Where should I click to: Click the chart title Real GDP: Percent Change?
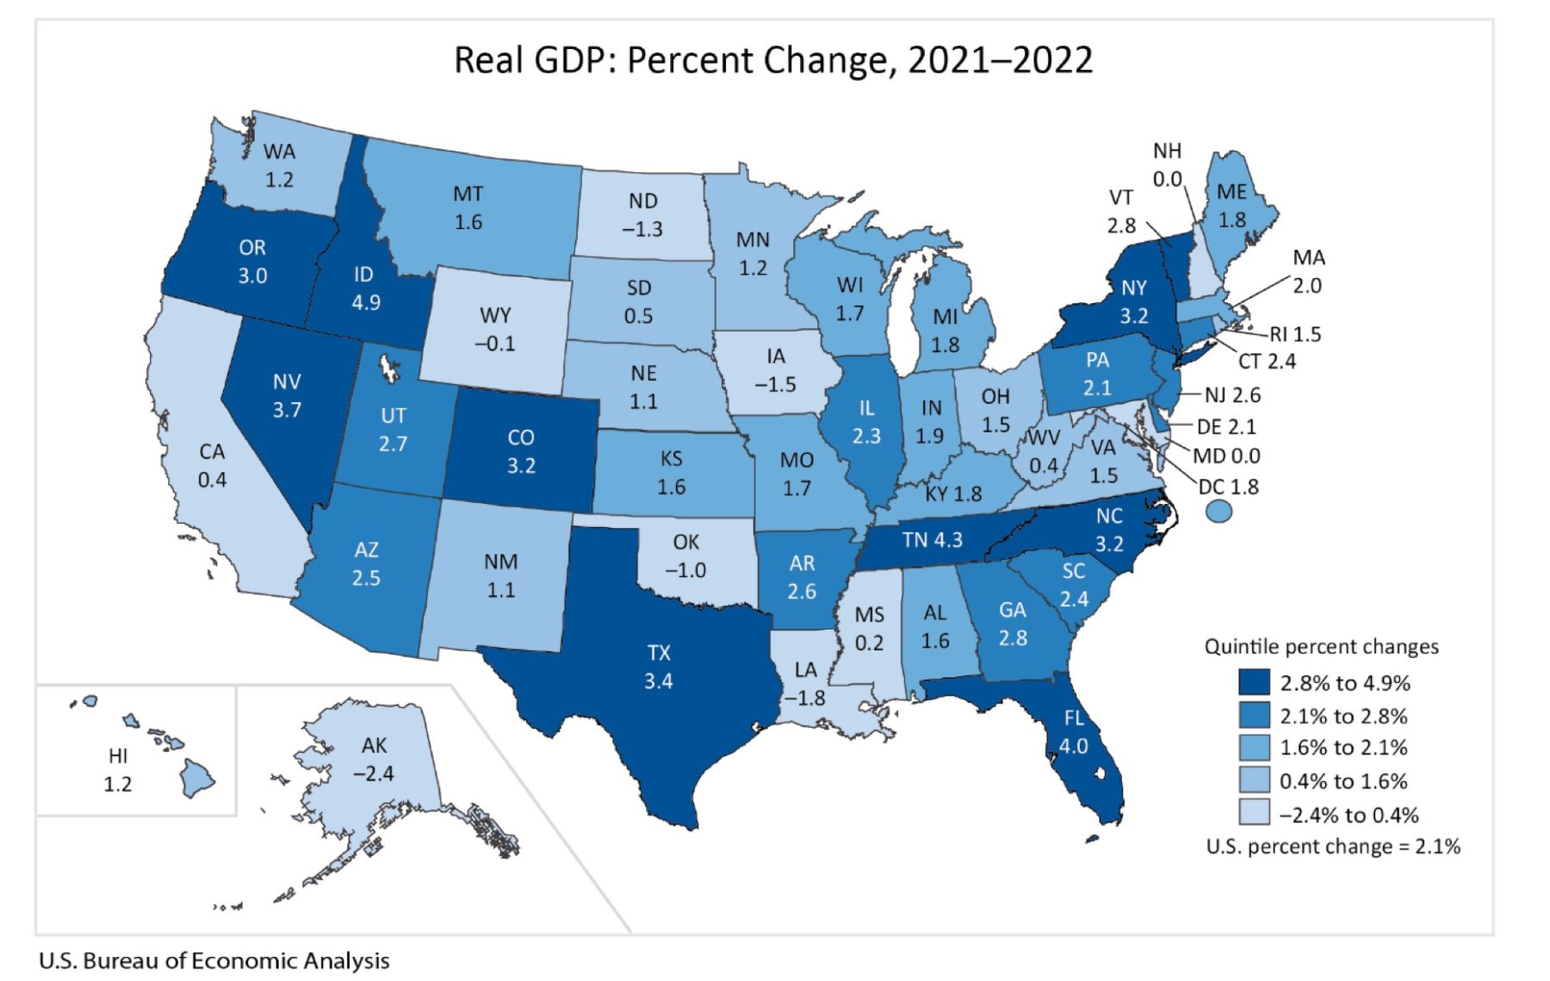[772, 60]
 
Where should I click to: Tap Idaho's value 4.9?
[365, 303]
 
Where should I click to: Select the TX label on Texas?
[659, 653]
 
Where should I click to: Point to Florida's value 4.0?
[1073, 746]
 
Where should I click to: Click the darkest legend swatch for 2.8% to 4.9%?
[1254, 683]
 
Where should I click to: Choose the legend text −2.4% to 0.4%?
[1348, 815]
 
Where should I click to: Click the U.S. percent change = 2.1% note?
[1332, 847]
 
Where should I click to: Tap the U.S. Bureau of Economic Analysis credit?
[214, 960]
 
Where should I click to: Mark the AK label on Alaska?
[375, 745]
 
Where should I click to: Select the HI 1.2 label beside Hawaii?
[118, 770]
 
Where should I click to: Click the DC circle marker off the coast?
[1218, 512]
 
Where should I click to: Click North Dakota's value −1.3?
[642, 229]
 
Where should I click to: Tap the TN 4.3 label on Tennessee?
[932, 540]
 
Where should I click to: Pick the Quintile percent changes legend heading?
[1321, 647]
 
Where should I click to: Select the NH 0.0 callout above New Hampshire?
[1167, 165]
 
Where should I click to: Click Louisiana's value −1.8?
[805, 698]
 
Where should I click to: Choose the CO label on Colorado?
[521, 438]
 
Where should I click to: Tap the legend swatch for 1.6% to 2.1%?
[1254, 748]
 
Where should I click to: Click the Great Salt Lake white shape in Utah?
[389, 368]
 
